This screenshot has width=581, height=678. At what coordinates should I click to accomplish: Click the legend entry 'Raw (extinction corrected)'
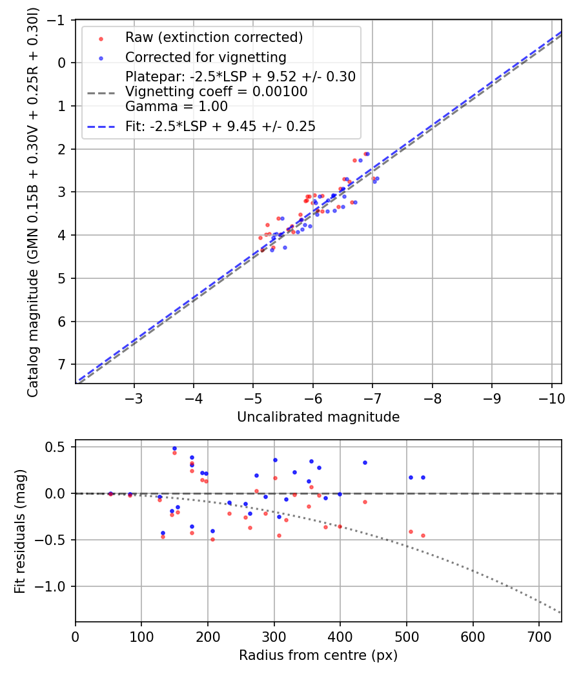(x=214, y=37)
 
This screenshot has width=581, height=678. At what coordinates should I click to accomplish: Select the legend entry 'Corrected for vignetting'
(x=205, y=57)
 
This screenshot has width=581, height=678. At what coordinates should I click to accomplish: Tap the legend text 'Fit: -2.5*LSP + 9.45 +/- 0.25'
(x=220, y=127)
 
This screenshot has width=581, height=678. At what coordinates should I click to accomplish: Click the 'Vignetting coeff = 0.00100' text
(x=216, y=92)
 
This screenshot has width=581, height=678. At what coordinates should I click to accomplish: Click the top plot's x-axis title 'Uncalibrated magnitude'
(x=318, y=417)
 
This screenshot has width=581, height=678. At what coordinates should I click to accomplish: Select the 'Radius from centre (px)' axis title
(x=318, y=655)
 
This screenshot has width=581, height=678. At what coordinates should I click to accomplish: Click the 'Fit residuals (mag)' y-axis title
(x=20, y=531)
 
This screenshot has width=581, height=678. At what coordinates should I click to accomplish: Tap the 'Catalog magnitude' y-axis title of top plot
(x=32, y=201)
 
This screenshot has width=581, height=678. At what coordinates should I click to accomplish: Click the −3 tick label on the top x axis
(x=134, y=397)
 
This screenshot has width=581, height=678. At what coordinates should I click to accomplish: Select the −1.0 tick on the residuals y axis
(x=54, y=586)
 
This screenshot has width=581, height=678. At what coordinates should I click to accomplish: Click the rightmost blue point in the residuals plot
(x=423, y=477)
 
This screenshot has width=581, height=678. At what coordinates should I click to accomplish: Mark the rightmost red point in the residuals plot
(x=423, y=535)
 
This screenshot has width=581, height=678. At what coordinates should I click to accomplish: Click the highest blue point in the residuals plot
(x=174, y=448)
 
